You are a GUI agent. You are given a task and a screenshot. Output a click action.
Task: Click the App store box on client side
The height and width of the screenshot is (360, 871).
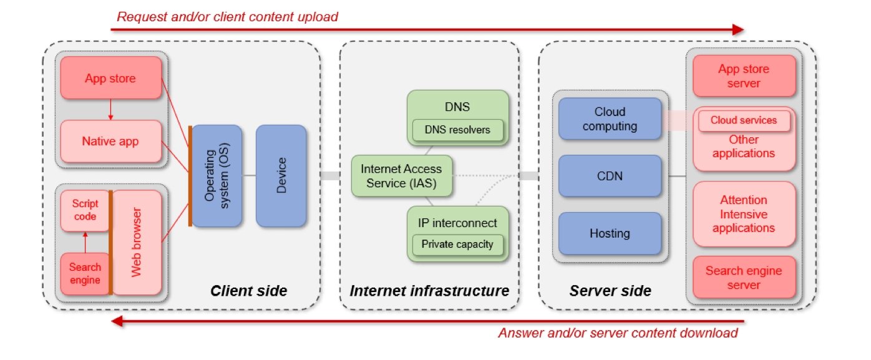pyautogui.click(x=110, y=79)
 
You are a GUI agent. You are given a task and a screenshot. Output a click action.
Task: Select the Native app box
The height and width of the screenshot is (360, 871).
pyautogui.click(x=110, y=142)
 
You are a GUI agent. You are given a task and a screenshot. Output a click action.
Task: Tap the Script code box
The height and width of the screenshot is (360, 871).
pyautogui.click(x=84, y=210)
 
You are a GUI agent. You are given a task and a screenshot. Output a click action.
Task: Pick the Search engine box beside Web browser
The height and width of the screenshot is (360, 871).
pyautogui.click(x=84, y=273)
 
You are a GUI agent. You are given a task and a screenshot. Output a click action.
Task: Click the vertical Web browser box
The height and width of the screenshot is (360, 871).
pyautogui.click(x=136, y=243)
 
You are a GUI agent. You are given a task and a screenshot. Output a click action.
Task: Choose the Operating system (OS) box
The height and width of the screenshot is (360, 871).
pyautogui.click(x=216, y=175)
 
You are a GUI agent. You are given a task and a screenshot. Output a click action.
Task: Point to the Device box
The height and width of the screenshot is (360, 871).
pyautogui.click(x=281, y=175)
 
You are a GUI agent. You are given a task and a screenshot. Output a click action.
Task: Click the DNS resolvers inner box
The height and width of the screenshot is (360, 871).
pyautogui.click(x=457, y=130)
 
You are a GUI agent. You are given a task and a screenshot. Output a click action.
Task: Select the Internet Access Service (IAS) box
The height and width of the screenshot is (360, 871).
pyautogui.click(x=401, y=176)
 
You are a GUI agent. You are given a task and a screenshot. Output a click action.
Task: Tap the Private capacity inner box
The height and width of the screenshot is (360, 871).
pyautogui.click(x=457, y=244)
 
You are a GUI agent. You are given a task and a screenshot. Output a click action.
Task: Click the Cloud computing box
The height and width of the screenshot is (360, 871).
pyautogui.click(x=610, y=119)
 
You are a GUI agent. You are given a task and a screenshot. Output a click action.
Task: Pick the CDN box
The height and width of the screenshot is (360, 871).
pyautogui.click(x=610, y=176)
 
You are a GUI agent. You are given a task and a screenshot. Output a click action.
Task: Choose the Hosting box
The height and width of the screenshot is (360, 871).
pyautogui.click(x=610, y=233)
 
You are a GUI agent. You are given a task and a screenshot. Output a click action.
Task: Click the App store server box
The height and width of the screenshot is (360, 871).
pyautogui.click(x=744, y=75)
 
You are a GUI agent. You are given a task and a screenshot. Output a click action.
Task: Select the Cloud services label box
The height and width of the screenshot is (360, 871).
pyautogui.click(x=744, y=120)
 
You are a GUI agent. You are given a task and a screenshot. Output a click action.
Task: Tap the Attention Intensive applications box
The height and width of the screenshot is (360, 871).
pyautogui.click(x=744, y=214)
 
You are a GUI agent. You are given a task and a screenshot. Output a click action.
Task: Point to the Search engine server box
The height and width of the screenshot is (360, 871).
pyautogui.click(x=744, y=278)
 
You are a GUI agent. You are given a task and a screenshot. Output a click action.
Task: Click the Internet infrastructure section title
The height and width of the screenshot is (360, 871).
pyautogui.click(x=429, y=291)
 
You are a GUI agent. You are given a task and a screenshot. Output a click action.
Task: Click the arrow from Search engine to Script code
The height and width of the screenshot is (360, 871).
pyautogui.click(x=84, y=242)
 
